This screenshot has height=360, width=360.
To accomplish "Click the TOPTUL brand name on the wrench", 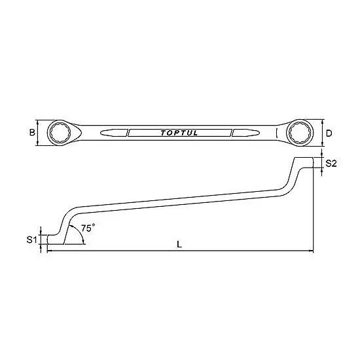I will (179, 134).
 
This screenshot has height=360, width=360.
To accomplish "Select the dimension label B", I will (31, 134).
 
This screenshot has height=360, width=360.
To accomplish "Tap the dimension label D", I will (329, 134).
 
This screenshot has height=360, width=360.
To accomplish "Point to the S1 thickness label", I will (31, 240).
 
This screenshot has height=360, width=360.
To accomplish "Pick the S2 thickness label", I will (331, 164).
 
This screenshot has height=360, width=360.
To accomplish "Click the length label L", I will (179, 245).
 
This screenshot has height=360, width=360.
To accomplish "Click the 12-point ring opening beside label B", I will (61, 134).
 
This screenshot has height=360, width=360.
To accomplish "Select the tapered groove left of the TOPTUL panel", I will (113, 134).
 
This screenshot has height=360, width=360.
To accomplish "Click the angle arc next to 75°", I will (82, 234).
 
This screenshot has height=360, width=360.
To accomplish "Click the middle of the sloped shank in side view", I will (179, 202).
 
